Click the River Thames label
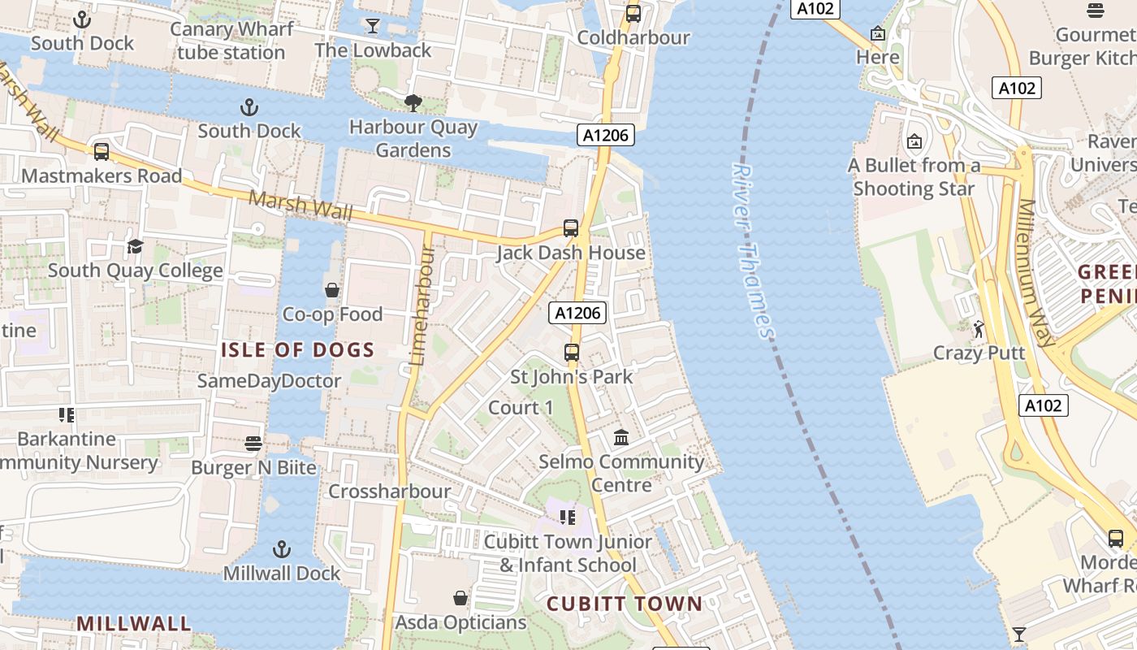(753, 250)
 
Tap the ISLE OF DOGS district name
(298, 351)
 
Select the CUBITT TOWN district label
(624, 604)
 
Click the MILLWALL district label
(134, 624)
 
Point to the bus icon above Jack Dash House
(571, 228)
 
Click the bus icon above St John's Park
(572, 353)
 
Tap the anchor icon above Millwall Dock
(282, 549)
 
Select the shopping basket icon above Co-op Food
(332, 290)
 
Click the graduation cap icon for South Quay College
(135, 246)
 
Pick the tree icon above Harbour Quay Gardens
(413, 103)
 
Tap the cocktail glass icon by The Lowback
(373, 26)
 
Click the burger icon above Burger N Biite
(253, 444)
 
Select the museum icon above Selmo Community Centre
(622, 438)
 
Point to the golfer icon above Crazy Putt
(979, 329)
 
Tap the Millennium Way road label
(1038, 273)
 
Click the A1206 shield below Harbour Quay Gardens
(606, 135)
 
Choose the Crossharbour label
(389, 492)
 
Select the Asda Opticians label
(460, 622)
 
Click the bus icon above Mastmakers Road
(102, 152)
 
